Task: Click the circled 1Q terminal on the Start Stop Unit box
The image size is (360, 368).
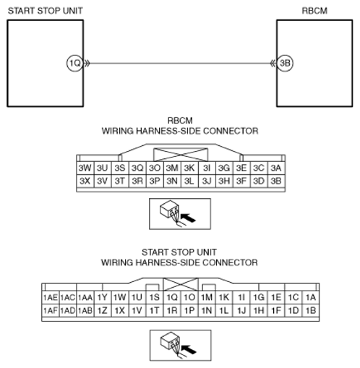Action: (73, 63)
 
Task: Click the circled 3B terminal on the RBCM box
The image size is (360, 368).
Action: (286, 63)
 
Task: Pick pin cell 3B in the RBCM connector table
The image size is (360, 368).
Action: (275, 181)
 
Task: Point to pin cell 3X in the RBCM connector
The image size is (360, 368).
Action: (85, 181)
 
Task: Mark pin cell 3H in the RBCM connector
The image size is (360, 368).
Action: (223, 181)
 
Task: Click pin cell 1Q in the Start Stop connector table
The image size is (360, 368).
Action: (171, 297)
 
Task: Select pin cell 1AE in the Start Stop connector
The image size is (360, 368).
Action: (51, 297)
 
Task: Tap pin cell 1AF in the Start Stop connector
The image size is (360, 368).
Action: (51, 310)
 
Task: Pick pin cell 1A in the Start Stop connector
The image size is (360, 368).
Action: (311, 297)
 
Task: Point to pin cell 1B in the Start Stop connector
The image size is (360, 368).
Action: (311, 310)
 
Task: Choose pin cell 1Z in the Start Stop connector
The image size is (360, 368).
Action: (102, 310)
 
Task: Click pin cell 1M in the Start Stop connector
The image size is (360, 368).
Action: (207, 297)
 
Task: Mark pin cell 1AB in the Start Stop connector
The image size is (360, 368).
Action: (85, 310)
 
